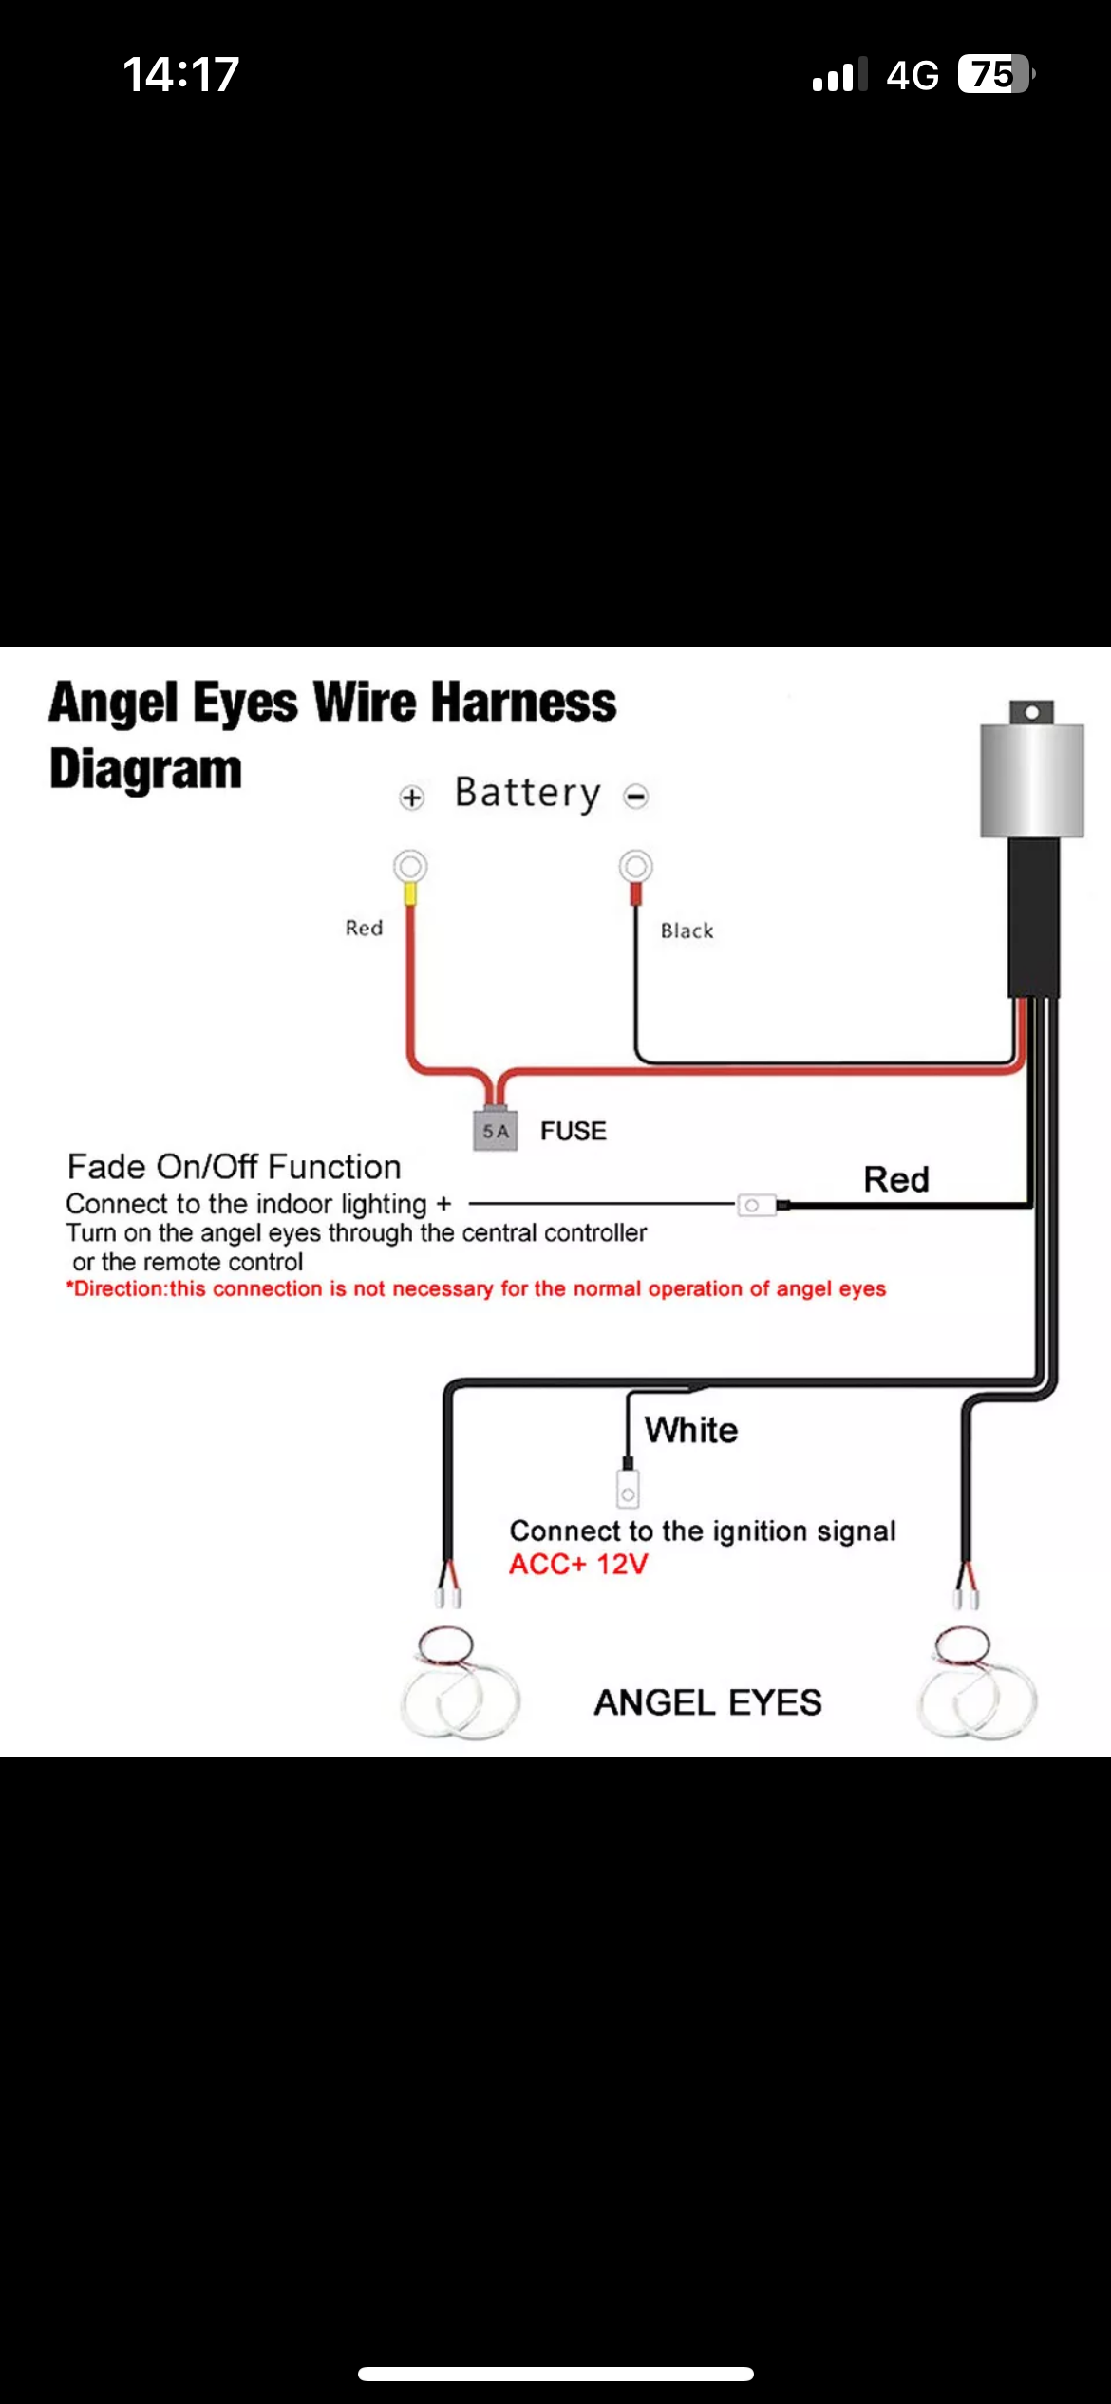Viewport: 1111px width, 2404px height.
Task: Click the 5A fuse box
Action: (496, 1130)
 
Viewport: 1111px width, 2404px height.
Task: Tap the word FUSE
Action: (574, 1131)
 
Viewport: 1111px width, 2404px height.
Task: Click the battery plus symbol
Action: (411, 798)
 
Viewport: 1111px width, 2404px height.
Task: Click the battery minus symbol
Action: (636, 797)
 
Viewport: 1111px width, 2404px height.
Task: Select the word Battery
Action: (528, 793)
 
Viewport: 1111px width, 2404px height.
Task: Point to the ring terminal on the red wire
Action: (410, 867)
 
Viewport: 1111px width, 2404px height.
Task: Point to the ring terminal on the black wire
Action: (636, 867)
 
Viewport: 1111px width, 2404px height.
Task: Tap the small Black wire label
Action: (687, 930)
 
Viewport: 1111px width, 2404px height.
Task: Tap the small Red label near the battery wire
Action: (364, 928)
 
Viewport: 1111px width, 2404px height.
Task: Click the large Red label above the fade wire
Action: (895, 1179)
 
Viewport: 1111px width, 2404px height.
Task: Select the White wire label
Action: (691, 1430)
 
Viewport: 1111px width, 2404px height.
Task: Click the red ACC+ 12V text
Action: (578, 1564)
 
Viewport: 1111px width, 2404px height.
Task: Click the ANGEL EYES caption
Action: (707, 1702)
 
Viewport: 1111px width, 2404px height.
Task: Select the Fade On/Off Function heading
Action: (234, 1166)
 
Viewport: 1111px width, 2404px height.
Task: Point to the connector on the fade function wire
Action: (757, 1205)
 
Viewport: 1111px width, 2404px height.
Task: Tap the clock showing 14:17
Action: (180, 74)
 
